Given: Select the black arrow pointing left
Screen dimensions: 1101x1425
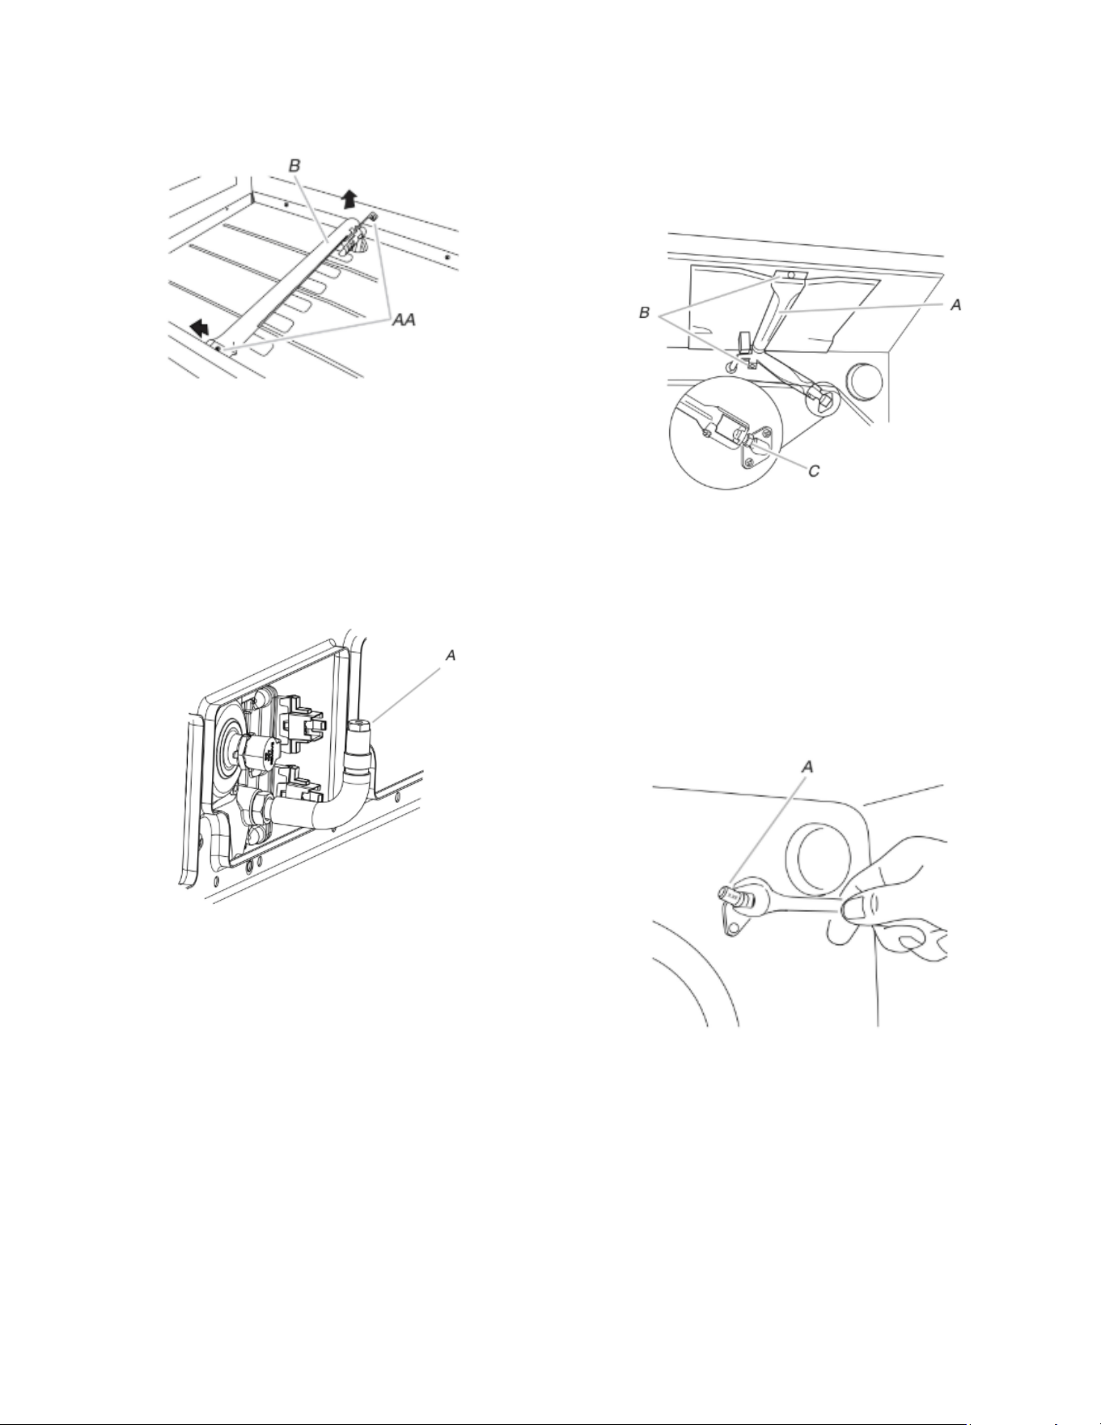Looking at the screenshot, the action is click(197, 326).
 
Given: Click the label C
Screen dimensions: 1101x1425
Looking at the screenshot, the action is click(814, 469).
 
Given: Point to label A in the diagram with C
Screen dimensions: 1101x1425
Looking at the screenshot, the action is click(955, 305).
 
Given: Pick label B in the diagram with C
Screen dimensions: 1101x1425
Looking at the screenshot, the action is click(645, 312).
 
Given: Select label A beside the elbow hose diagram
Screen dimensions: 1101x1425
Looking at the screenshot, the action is click(450, 656).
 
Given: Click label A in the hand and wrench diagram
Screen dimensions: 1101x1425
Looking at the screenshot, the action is click(806, 766).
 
